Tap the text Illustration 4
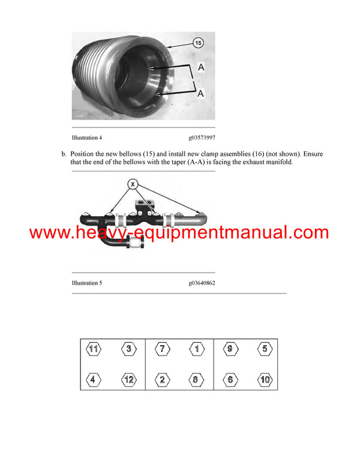click(87, 138)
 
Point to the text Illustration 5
click(87, 282)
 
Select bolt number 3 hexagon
click(129, 349)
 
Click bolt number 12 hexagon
click(129, 380)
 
